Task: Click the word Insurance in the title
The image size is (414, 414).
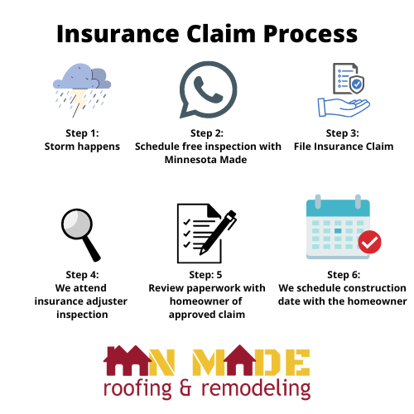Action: [x=118, y=34]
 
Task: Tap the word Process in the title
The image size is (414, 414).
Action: [x=310, y=34]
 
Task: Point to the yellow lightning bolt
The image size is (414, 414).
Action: [x=78, y=102]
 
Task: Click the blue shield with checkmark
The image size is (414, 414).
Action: [x=356, y=84]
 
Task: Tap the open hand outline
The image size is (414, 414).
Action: [x=344, y=107]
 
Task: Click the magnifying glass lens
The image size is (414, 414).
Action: [x=77, y=224]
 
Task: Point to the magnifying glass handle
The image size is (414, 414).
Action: [x=91, y=248]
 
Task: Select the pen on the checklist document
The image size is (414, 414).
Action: [x=218, y=233]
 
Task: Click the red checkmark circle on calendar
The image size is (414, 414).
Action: [x=369, y=242]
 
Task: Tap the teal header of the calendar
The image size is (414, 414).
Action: [x=338, y=208]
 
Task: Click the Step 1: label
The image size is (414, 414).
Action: [x=82, y=133]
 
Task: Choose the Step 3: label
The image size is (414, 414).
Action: [x=343, y=133]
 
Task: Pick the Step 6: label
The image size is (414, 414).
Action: [x=344, y=275]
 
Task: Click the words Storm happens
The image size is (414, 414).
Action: [x=82, y=147]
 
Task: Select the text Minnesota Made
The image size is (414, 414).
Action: [x=206, y=160]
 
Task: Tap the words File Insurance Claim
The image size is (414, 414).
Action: [x=344, y=147]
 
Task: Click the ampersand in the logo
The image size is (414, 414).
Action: [x=185, y=388]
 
